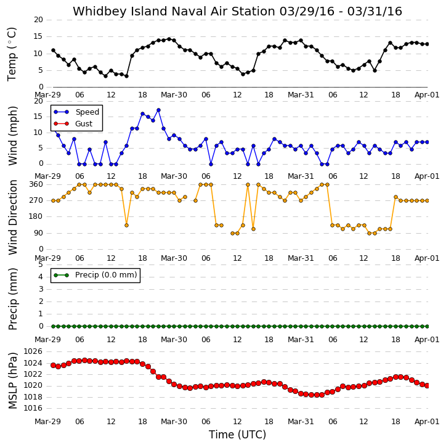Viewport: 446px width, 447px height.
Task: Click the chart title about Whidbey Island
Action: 237,11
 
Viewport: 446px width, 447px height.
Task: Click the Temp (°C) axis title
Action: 12,54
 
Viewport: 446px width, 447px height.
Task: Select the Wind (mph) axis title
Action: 12,136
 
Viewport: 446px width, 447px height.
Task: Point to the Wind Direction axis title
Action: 12,217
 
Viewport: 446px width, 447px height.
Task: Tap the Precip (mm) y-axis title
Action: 12,299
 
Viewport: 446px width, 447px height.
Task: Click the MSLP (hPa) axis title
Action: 12,380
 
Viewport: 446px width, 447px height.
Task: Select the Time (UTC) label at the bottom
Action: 237,435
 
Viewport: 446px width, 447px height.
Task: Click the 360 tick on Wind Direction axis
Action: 36,184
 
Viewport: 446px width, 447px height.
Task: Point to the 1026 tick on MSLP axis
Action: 33,351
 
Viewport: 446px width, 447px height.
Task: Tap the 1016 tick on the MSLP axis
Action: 33,408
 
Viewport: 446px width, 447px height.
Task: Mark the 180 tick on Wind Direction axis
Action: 36,216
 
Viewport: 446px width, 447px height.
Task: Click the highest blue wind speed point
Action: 159,110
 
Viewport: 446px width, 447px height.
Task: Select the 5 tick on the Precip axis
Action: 41,265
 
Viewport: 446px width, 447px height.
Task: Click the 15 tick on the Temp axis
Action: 38,36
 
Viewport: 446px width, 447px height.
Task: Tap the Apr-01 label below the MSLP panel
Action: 427,422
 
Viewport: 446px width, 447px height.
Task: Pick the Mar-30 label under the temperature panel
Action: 174,95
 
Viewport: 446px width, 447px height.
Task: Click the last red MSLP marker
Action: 427,385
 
